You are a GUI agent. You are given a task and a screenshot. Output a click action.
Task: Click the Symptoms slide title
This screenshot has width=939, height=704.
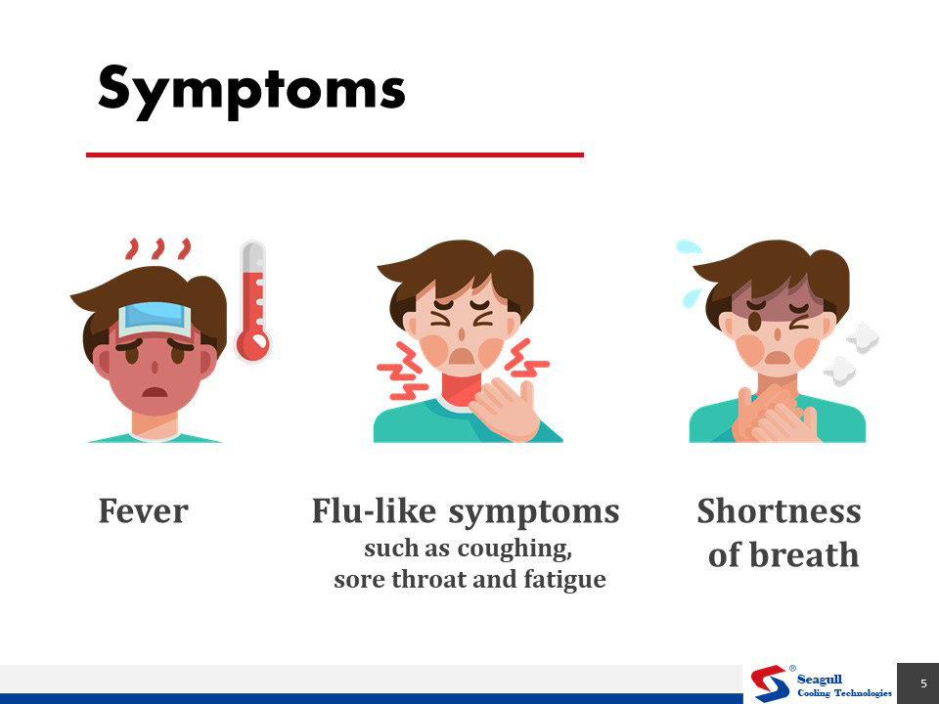click(x=251, y=91)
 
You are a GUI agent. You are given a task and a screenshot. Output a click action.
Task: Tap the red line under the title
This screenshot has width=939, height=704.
click(x=335, y=155)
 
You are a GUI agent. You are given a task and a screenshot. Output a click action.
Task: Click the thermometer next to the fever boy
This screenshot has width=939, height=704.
click(x=253, y=301)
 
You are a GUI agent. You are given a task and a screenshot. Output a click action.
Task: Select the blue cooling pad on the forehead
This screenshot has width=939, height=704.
click(x=156, y=319)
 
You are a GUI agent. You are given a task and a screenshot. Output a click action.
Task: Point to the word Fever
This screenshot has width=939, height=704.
click(x=143, y=511)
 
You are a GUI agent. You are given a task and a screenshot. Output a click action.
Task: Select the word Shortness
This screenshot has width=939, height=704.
click(x=780, y=511)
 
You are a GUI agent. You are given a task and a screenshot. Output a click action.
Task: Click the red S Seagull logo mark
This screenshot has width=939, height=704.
click(x=770, y=683)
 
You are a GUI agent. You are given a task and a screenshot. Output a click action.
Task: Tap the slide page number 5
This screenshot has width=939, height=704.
click(x=923, y=683)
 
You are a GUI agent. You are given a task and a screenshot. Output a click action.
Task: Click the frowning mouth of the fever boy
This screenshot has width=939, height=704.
click(x=155, y=392)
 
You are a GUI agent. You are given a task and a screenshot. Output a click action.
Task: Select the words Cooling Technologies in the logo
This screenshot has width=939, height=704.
click(x=844, y=692)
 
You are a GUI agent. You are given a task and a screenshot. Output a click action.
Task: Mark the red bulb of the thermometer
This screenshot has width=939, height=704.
click(x=252, y=345)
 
